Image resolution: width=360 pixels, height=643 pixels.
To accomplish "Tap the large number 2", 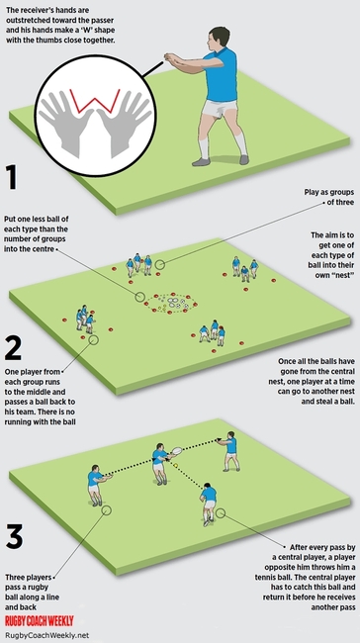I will click(x=15, y=348).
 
